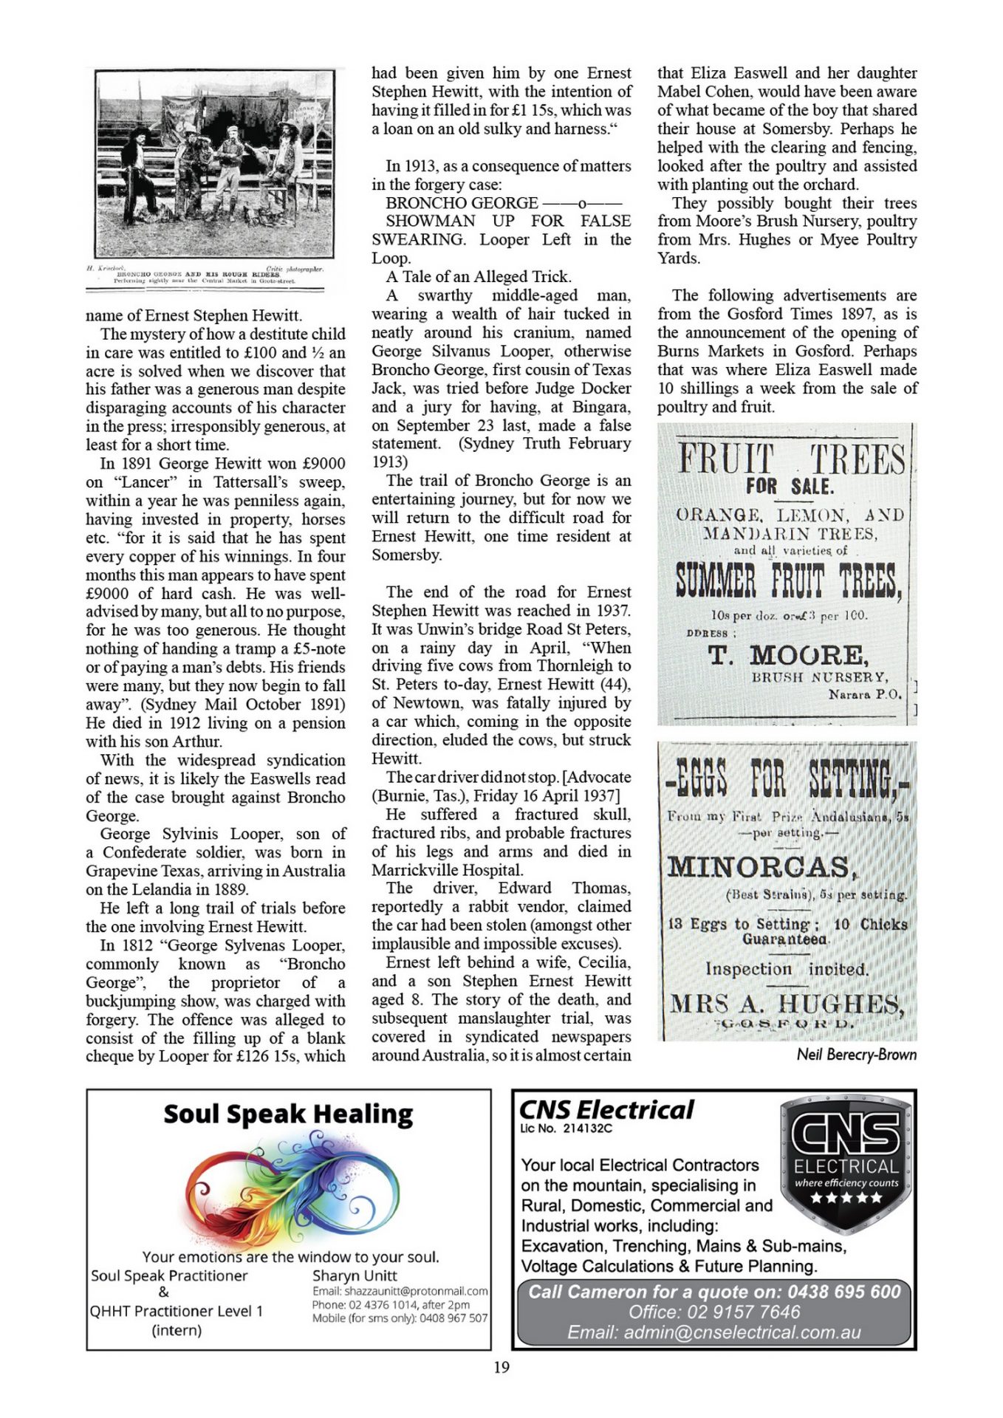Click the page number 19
click(501, 1367)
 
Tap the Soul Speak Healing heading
click(288, 1114)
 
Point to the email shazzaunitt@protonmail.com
click(400, 1291)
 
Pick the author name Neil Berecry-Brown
click(856, 1054)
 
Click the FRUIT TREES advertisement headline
click(791, 459)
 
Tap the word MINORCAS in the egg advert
click(761, 866)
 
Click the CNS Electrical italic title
click(606, 1109)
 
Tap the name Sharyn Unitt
click(355, 1275)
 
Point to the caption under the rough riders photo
click(205, 276)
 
